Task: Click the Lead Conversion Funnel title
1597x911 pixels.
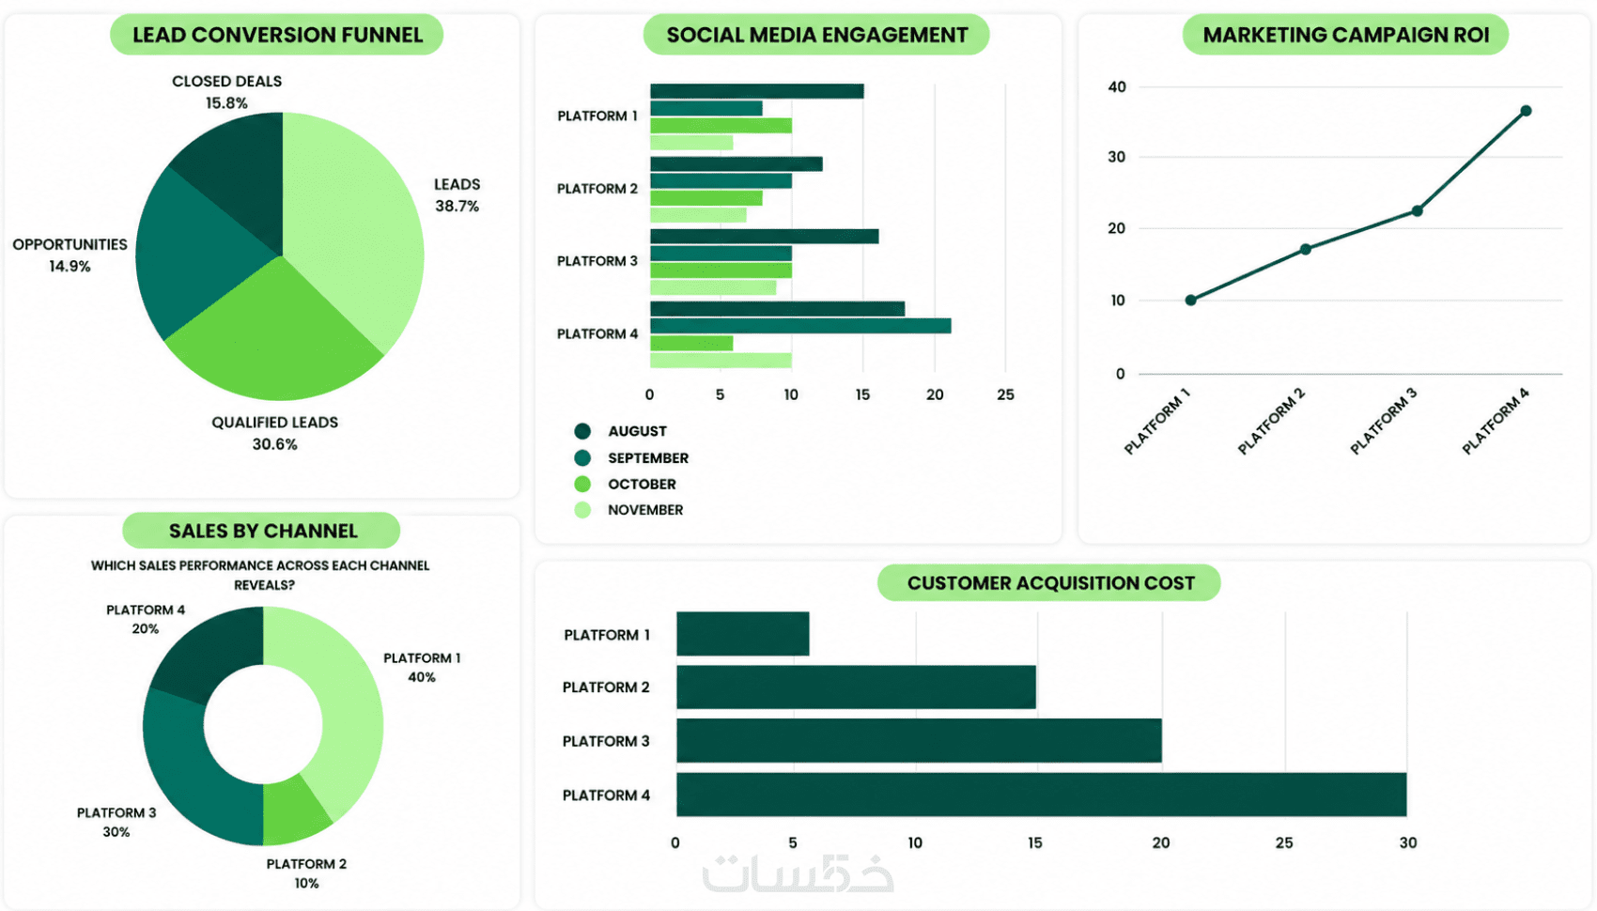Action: tap(277, 34)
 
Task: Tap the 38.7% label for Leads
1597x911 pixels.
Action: tap(457, 206)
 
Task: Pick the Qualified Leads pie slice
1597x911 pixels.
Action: tap(274, 335)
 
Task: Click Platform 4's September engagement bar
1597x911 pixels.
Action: tap(800, 326)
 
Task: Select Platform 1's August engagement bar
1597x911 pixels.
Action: tap(756, 91)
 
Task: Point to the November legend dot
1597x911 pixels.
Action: tap(582, 510)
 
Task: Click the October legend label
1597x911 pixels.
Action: tap(642, 484)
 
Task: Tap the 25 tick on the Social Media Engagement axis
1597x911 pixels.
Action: tap(1005, 394)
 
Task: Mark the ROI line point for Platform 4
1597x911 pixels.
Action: tap(1526, 111)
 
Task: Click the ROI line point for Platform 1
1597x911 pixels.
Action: tap(1190, 301)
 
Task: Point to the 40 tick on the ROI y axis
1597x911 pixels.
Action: tap(1116, 87)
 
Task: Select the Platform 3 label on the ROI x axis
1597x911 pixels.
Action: tap(1383, 422)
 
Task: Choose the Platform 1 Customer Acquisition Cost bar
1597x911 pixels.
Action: tap(743, 634)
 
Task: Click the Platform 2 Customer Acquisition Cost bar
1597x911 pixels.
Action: tap(856, 687)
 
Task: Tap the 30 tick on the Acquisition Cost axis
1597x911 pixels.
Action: tap(1407, 842)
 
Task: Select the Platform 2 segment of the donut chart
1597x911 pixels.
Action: tap(294, 811)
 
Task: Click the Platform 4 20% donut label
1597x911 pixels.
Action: tap(146, 619)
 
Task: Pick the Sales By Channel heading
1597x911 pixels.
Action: tap(263, 531)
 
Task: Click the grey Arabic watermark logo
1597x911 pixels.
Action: tap(798, 872)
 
